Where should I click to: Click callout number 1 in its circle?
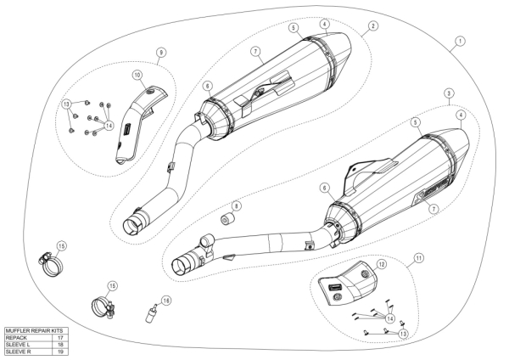click(x=459, y=40)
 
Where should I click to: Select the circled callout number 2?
click(x=372, y=26)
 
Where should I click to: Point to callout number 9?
click(x=159, y=53)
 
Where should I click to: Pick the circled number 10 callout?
click(x=137, y=75)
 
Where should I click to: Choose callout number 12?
click(x=381, y=265)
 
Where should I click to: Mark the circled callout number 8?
click(x=237, y=206)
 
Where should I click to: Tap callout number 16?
click(x=166, y=300)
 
